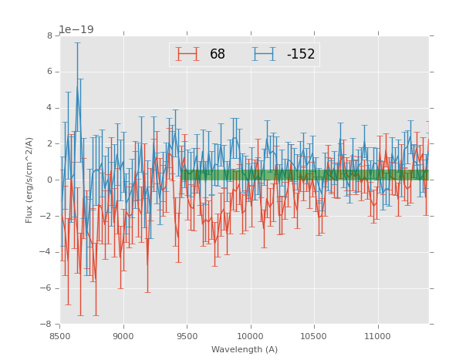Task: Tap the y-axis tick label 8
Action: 49,35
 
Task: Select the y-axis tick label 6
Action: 49,72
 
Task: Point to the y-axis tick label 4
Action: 49,108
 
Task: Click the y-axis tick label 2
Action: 49,144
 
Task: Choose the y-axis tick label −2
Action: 47,216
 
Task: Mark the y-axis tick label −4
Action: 47,252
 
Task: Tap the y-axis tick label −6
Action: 47,288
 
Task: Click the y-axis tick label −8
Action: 47,324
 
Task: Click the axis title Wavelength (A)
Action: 245,350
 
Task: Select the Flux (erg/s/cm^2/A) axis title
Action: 29,180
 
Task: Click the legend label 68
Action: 218,55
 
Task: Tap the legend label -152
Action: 301,55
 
